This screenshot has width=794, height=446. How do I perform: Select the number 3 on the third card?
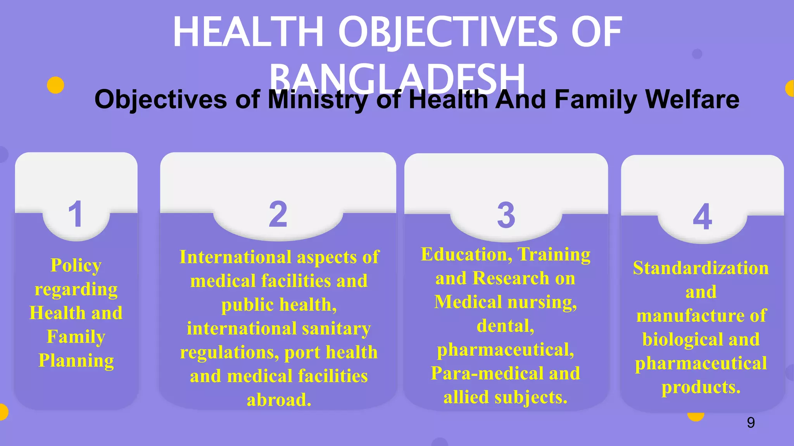point(506,215)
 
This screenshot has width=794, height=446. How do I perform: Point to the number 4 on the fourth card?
point(702,217)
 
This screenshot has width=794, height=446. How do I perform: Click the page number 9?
point(751,422)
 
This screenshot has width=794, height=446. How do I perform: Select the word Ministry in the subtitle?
point(318,100)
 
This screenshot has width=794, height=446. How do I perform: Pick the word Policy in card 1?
point(76,266)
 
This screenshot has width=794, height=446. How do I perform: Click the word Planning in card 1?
point(76,360)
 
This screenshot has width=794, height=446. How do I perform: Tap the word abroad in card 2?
point(278,400)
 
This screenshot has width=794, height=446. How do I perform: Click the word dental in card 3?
point(505,326)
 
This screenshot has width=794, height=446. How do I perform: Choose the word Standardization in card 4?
point(701,268)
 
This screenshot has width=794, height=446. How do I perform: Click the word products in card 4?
point(701,387)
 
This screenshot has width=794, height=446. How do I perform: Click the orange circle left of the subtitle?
point(55,85)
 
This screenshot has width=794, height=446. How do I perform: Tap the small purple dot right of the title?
point(697,54)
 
